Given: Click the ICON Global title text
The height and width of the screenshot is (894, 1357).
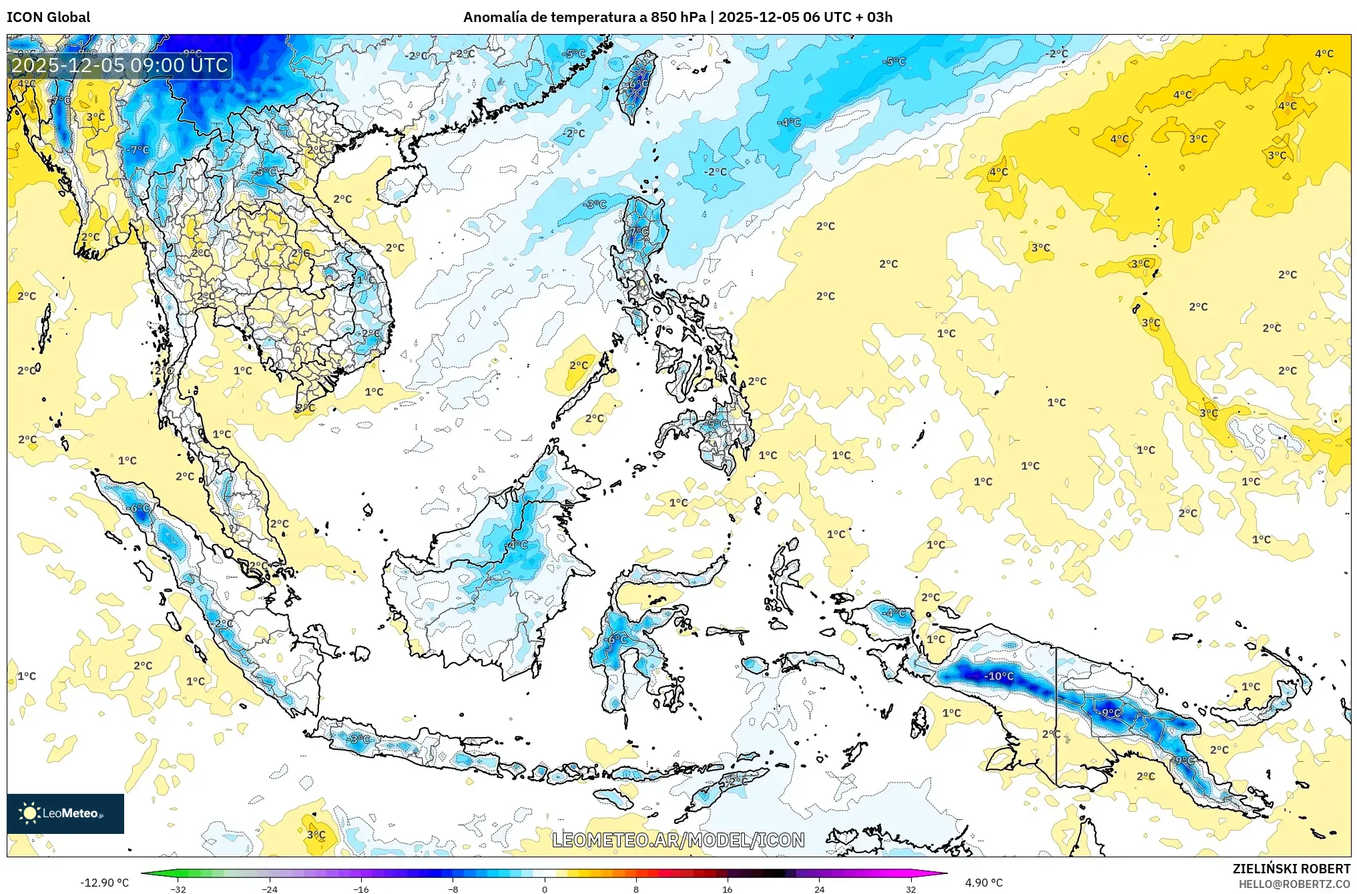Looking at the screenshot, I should (x=48, y=17).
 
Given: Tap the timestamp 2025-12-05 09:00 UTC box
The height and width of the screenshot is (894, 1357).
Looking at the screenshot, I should (x=120, y=65).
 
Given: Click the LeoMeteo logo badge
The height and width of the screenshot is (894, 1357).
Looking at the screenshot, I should (x=65, y=813).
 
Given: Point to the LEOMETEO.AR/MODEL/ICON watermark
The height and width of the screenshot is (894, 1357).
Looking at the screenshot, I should (x=678, y=840).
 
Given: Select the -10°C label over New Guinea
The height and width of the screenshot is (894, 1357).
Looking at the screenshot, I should (x=999, y=676).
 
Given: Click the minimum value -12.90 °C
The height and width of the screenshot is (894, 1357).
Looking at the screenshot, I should (x=105, y=883).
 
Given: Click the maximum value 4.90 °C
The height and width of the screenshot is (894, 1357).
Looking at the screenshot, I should (x=984, y=883).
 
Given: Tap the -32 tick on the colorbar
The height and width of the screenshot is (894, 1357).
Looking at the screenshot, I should (x=178, y=889).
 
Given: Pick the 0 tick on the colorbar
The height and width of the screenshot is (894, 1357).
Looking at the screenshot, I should (x=545, y=889).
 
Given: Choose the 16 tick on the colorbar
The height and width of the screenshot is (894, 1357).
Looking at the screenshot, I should (x=728, y=889).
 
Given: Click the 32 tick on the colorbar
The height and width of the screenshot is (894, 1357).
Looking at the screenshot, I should (x=910, y=889).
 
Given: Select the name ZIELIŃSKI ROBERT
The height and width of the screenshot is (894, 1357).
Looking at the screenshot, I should (x=1291, y=869).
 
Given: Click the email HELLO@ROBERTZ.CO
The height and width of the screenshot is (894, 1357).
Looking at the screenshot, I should (x=1294, y=884).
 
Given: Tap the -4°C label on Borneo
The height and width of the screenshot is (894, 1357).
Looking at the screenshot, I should (x=517, y=545).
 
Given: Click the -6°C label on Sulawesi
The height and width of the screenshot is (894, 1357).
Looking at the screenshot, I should (x=617, y=640).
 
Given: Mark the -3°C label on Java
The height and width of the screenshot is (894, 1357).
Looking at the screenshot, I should (x=358, y=739).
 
